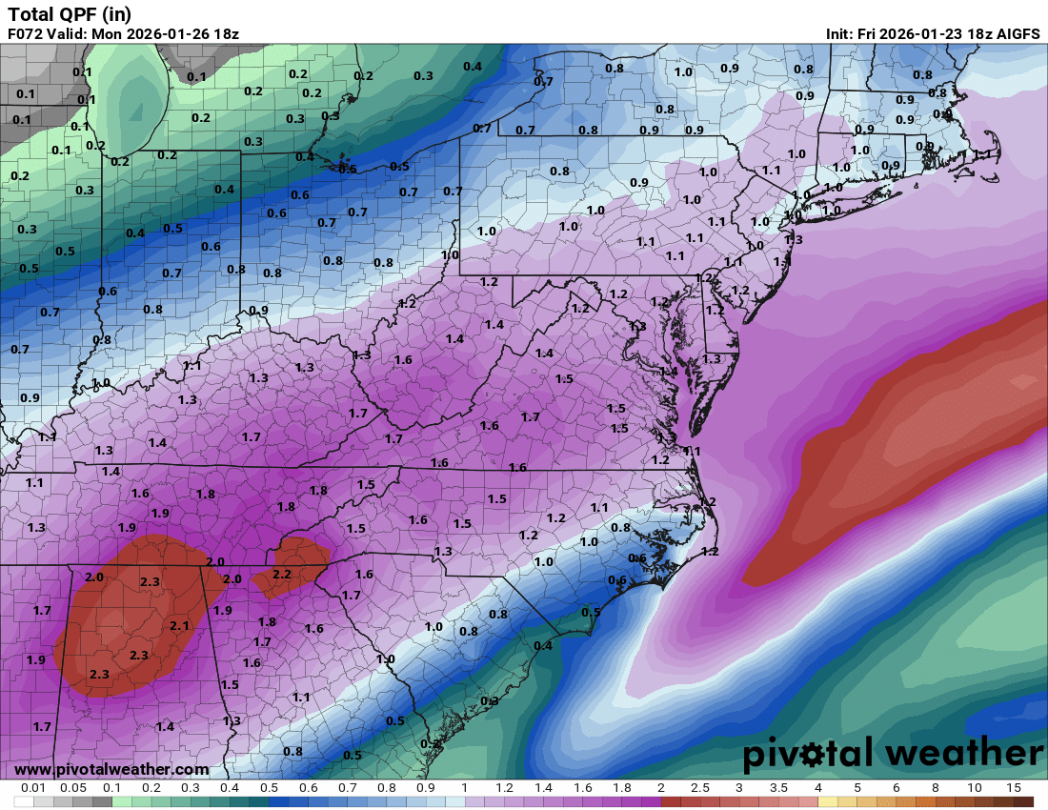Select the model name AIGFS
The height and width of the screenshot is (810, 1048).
point(1016,33)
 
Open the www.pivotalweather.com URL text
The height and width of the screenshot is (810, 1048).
point(111,769)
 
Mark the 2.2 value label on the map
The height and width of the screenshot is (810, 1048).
point(282,575)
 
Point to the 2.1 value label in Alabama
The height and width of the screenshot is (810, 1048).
point(180,625)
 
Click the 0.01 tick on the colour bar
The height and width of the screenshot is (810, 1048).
point(34,788)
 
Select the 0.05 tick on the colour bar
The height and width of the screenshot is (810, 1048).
point(73,788)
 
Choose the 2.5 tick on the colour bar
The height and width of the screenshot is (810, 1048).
point(699,788)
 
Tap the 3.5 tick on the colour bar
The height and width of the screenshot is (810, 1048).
point(778,788)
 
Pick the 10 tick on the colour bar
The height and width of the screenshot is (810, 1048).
point(975,788)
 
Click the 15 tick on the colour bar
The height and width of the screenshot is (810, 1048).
point(1013,788)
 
